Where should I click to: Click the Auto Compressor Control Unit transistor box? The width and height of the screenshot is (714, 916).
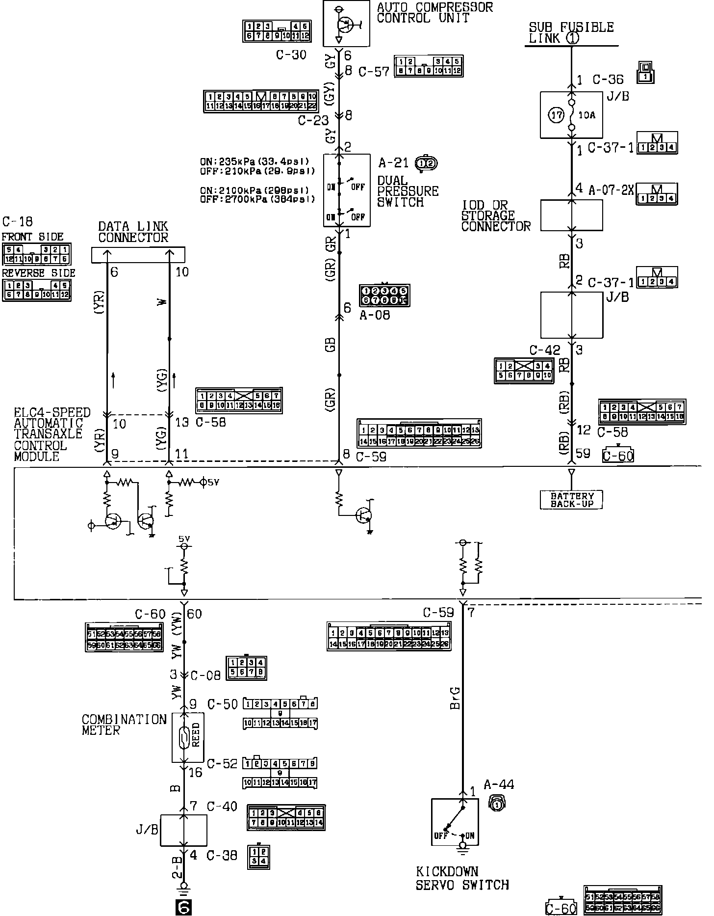pyautogui.click(x=346, y=23)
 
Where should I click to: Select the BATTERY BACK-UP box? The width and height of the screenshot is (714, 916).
pyautogui.click(x=571, y=500)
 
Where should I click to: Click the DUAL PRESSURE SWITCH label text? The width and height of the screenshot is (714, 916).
pyautogui.click(x=408, y=191)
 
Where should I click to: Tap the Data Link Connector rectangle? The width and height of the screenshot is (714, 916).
pyautogui.click(x=138, y=254)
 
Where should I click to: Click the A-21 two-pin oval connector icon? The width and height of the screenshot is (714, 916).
pyautogui.click(x=426, y=163)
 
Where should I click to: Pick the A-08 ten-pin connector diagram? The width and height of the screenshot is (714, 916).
pyautogui.click(x=384, y=296)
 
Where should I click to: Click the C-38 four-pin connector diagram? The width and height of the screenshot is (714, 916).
pyautogui.click(x=259, y=856)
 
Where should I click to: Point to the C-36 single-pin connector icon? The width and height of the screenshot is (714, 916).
pyautogui.click(x=646, y=72)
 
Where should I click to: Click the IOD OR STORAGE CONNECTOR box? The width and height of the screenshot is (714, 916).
pyautogui.click(x=571, y=215)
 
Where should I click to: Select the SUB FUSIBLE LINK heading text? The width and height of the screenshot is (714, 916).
pyautogui.click(x=571, y=33)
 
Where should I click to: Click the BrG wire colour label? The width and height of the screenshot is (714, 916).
pyautogui.click(x=455, y=698)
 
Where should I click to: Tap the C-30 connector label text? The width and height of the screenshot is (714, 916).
pyautogui.click(x=291, y=54)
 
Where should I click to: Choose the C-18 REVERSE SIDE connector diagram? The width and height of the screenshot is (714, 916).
pyautogui.click(x=37, y=290)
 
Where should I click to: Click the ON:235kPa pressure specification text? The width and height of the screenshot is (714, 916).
pyautogui.click(x=255, y=162)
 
